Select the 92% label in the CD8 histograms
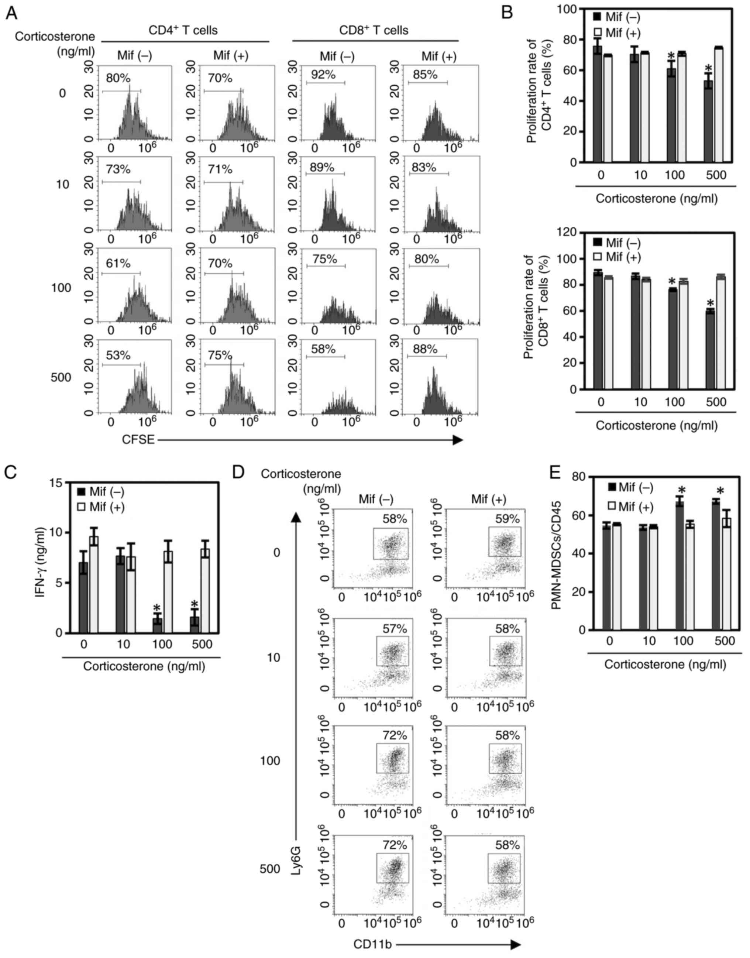323,75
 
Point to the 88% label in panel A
425,349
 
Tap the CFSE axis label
138,440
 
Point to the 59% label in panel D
507,519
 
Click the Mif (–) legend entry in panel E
631,488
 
